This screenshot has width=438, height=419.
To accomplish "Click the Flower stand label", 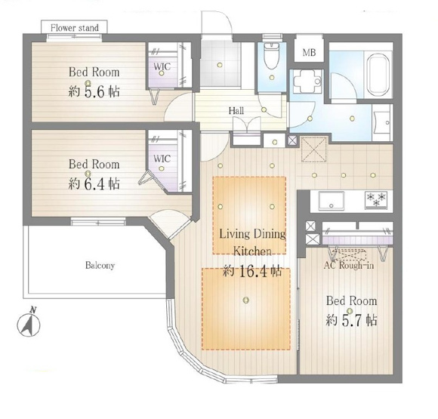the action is click(75, 28).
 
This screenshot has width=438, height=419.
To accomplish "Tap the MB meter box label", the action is click(309, 52).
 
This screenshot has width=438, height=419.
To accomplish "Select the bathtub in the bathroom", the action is click(378, 75).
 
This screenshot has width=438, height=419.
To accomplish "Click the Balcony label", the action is click(100, 265).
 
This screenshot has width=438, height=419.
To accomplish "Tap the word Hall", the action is click(236, 111).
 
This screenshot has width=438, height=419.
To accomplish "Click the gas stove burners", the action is click(376, 200).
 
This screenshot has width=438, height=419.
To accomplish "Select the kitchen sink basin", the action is click(332, 200).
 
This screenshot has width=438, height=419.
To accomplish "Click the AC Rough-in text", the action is click(349, 265).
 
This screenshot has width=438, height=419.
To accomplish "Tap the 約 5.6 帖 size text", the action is click(94, 91).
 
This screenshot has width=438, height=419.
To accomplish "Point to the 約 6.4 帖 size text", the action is click(94, 183).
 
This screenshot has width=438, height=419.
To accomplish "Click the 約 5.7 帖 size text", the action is click(351, 320).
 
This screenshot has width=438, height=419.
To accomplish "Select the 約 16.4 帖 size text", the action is click(252, 271).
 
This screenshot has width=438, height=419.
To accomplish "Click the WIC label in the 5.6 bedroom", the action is click(162, 66).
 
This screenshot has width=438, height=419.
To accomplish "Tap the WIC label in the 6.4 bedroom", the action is click(162, 159).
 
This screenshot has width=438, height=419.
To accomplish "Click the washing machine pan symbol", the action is click(308, 82).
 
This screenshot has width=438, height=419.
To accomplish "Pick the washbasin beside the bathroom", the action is click(382, 123).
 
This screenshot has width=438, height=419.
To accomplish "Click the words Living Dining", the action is click(253, 234).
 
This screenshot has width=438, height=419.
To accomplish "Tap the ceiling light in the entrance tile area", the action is click(220, 65).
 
